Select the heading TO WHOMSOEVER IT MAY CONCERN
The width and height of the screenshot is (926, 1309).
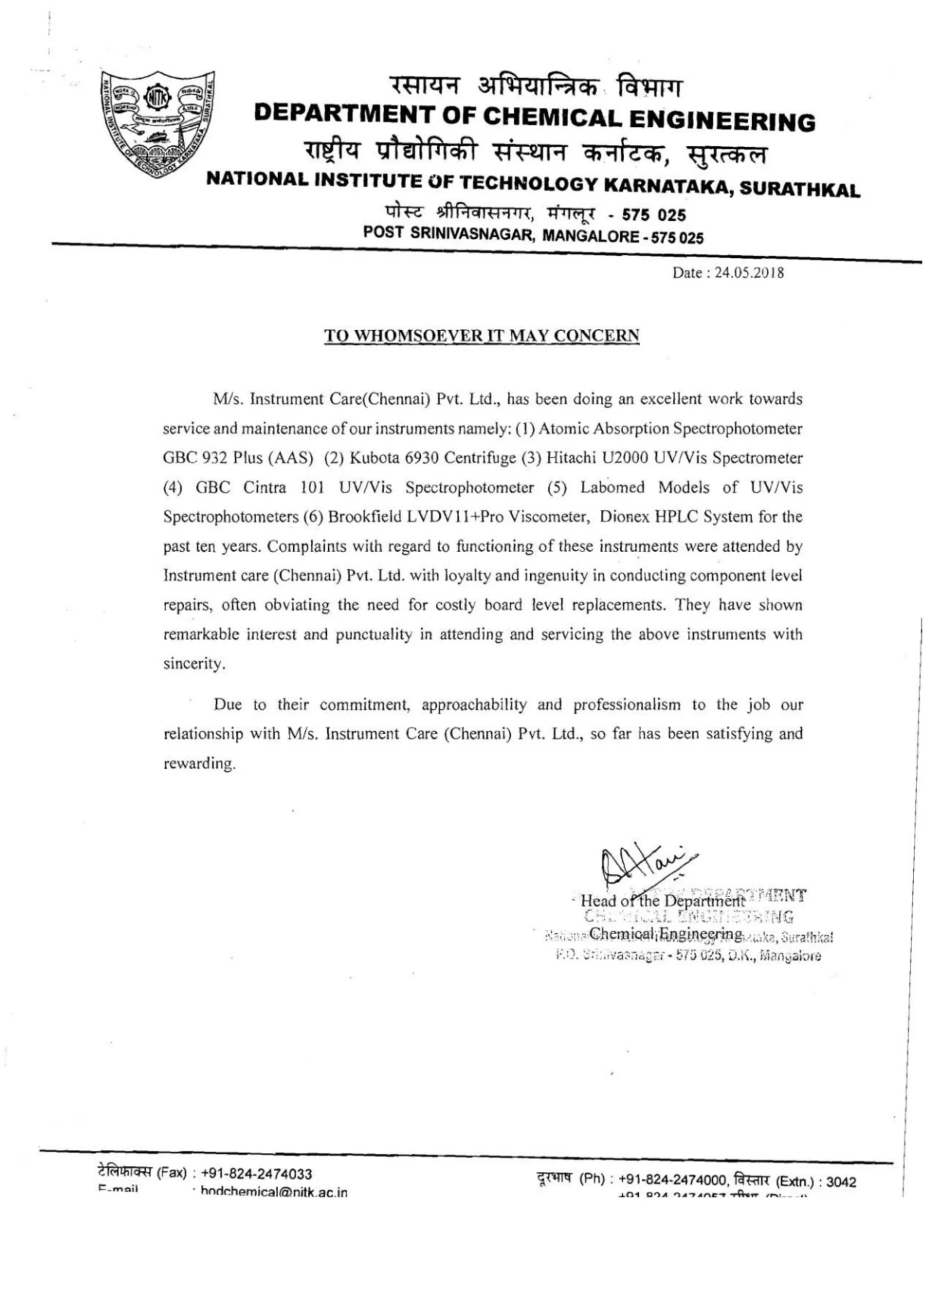482,336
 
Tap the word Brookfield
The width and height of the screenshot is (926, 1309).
365,517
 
